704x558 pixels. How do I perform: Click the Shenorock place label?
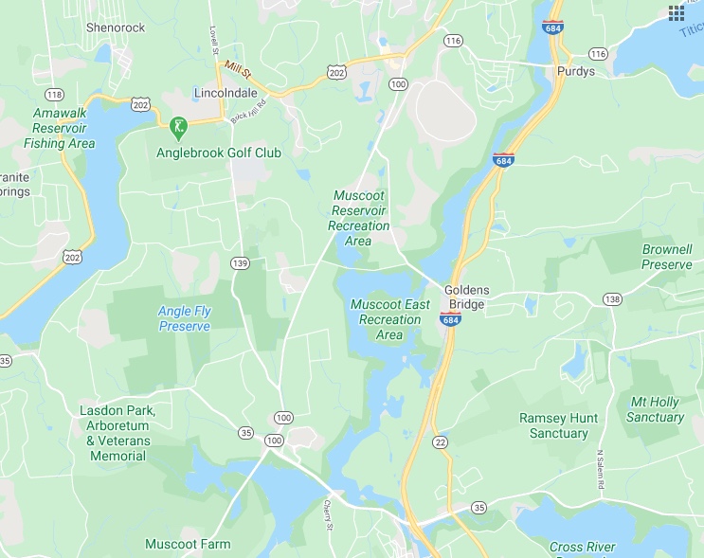(x=116, y=27)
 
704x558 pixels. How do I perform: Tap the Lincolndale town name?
(x=226, y=95)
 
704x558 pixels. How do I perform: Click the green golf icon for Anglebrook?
(x=176, y=126)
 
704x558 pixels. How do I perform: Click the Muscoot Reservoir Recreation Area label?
(x=358, y=218)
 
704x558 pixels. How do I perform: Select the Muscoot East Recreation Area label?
(x=389, y=319)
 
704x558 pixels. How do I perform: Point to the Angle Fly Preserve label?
(x=184, y=318)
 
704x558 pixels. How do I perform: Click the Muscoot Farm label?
(x=188, y=544)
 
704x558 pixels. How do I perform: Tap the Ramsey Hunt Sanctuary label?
(x=553, y=425)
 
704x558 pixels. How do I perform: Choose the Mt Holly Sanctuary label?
(x=656, y=409)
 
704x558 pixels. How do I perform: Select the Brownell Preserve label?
(x=666, y=257)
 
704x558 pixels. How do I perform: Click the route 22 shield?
(x=440, y=442)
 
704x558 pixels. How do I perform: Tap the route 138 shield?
(x=612, y=299)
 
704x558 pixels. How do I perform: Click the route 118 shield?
(x=53, y=94)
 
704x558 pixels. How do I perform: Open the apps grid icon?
(x=677, y=12)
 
